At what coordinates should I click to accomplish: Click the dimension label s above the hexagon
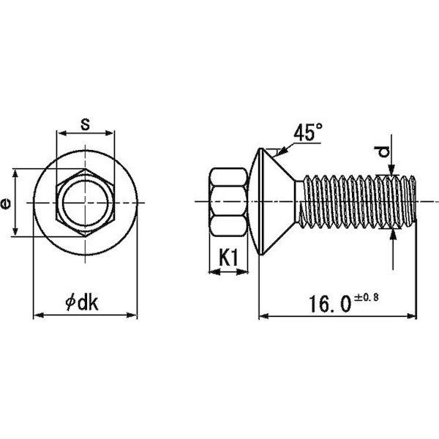pos(85,124)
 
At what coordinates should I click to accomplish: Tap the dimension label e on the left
pos(6,203)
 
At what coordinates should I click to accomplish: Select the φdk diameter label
pos(82,303)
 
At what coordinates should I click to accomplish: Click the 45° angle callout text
pos(308,132)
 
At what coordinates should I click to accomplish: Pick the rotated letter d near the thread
pos(382,152)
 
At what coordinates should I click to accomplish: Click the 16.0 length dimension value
pos(329,304)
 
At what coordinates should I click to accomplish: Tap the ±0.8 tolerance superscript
pos(367,297)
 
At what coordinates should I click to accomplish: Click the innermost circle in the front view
pos(85,203)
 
